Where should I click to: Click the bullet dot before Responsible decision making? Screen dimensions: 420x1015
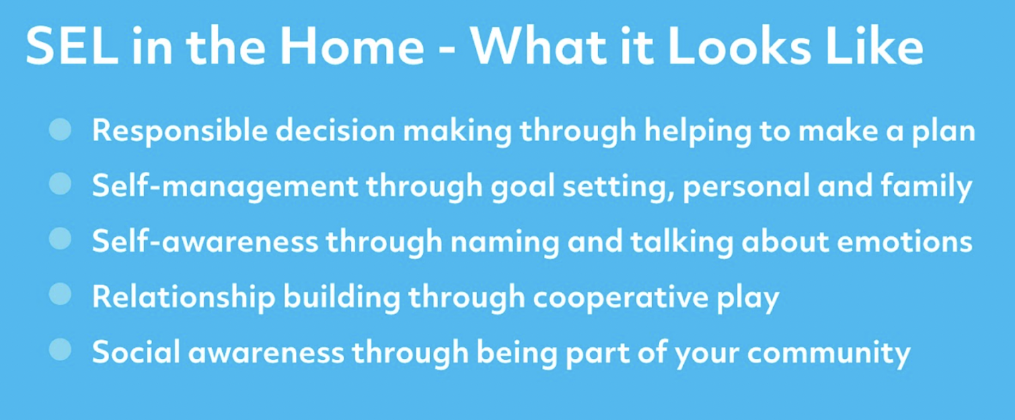coord(60,130)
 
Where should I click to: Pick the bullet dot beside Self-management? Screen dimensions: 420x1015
coord(60,185)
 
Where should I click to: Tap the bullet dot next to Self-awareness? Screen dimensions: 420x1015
coord(60,239)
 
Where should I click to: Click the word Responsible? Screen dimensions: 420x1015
coord(179,131)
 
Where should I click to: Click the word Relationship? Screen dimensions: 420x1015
coord(183,298)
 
